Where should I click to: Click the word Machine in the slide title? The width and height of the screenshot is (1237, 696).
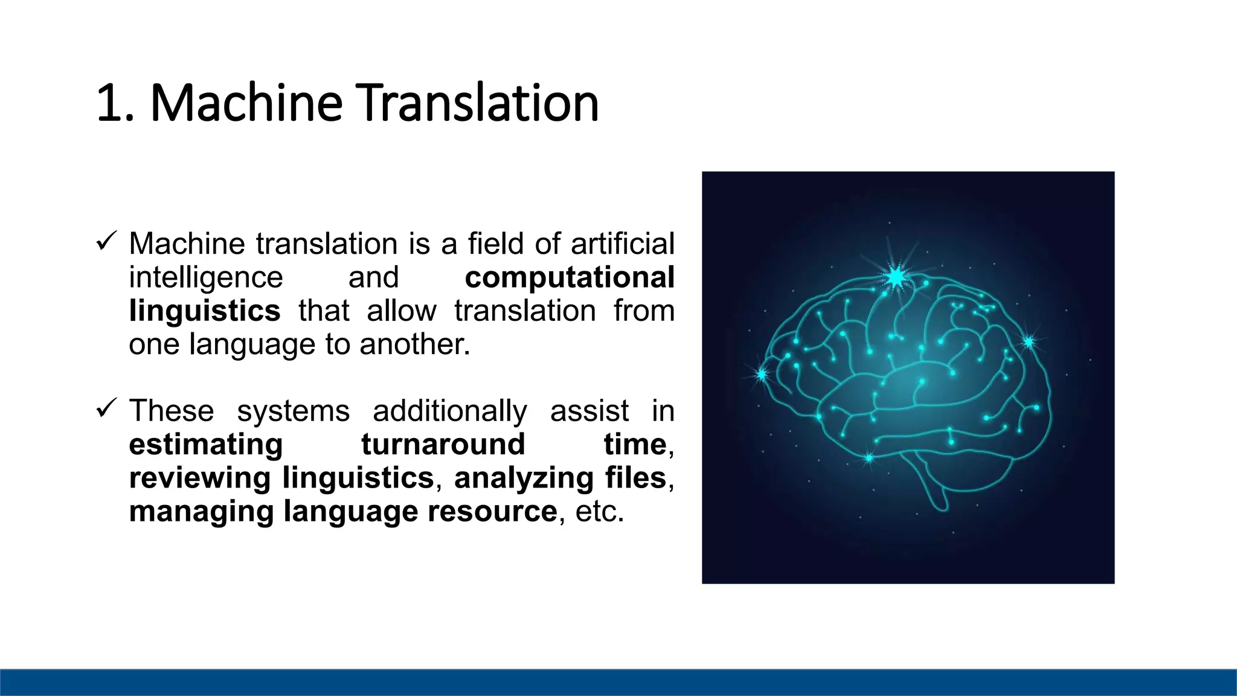[246, 103]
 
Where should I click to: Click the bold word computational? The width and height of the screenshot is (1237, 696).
[569, 278]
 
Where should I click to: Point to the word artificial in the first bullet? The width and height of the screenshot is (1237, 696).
[622, 244]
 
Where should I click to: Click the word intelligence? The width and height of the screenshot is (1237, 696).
[206, 278]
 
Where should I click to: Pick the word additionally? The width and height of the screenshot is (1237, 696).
[449, 411]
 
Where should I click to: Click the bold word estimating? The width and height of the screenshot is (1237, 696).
[206, 445]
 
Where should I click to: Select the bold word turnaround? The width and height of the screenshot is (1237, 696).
[443, 445]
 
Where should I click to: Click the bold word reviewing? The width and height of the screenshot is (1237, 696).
[200, 478]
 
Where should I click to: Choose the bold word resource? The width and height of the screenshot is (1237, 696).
[492, 512]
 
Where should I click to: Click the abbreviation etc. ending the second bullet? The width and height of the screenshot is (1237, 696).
[599, 512]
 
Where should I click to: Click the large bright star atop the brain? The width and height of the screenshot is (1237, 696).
[896, 277]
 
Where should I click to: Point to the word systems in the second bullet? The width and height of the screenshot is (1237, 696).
[293, 411]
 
